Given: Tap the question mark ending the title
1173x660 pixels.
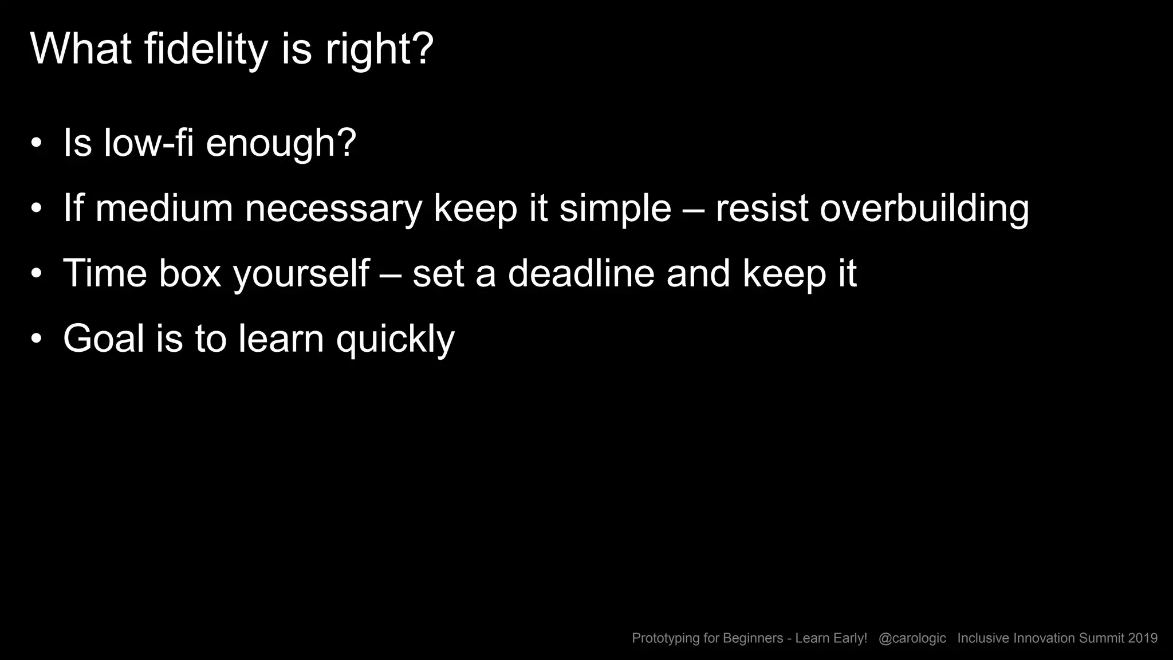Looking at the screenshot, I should [x=423, y=49].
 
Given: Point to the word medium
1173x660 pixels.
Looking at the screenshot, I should [x=164, y=208].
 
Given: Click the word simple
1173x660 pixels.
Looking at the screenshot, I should [x=615, y=209].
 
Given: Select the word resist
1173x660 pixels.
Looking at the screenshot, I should [x=762, y=208].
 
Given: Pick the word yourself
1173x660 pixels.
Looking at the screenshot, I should [x=301, y=274].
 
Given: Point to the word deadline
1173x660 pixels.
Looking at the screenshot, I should [x=581, y=273].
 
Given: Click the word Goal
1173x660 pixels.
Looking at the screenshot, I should [x=104, y=338].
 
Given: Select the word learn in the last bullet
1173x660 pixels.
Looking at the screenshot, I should [x=281, y=338].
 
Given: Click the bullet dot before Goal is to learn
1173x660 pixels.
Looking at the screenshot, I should [x=37, y=339].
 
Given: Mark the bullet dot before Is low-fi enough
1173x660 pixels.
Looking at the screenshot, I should [x=37, y=143].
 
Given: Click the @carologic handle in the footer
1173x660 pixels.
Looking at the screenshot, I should [x=912, y=638].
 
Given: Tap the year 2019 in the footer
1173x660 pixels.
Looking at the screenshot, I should [x=1143, y=638].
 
